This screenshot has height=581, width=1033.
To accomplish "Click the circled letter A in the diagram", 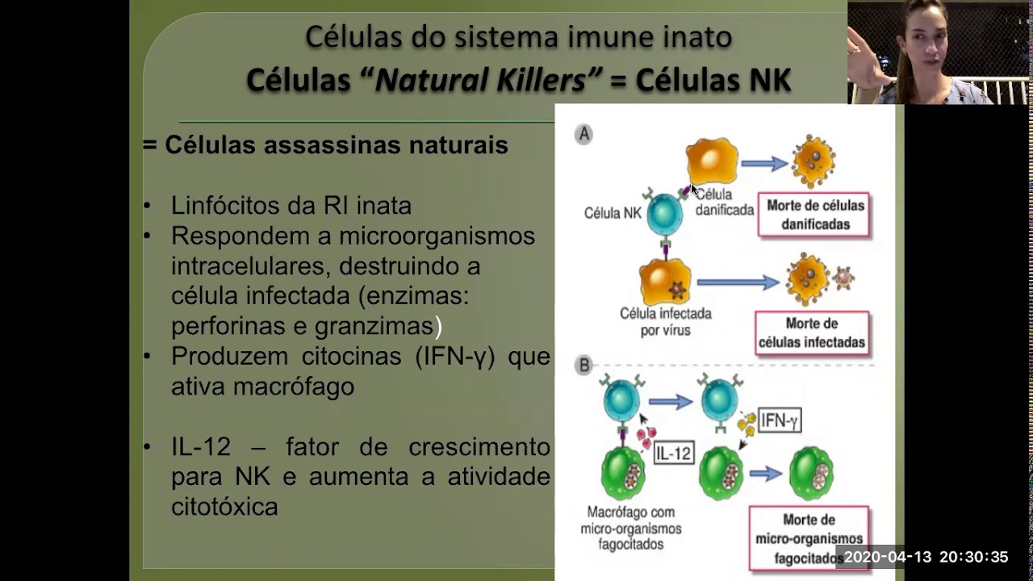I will [583, 135].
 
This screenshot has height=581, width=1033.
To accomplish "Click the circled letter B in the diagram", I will [583, 366].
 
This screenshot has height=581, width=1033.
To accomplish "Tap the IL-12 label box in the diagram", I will [673, 454].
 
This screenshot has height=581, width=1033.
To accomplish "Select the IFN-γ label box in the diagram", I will [779, 420].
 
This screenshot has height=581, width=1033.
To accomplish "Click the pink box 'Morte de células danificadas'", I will [814, 215].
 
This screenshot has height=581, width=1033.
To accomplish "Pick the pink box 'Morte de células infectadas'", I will [811, 333].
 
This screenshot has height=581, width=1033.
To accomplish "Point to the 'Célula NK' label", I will [613, 213].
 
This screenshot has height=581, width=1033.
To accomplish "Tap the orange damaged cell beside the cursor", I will [712, 161].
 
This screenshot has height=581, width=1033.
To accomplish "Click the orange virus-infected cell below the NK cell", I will [665, 282].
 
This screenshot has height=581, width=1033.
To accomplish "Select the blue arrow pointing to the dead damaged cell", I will [763, 164].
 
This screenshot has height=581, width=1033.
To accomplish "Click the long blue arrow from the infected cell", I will [738, 282].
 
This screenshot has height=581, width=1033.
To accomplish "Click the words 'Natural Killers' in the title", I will [489, 80].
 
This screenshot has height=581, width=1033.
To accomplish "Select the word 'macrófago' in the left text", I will [294, 387].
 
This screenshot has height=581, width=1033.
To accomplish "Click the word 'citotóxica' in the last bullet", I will [224, 508].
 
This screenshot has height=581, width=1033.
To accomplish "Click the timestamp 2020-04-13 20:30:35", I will [925, 558].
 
